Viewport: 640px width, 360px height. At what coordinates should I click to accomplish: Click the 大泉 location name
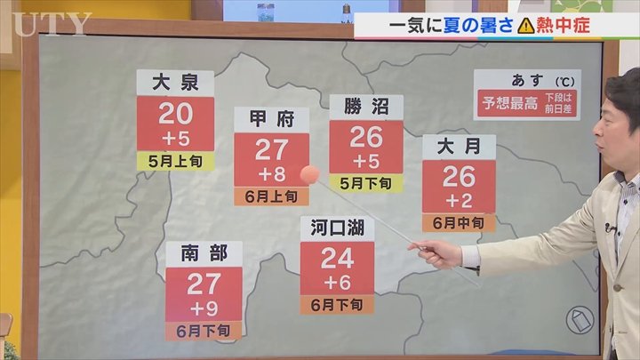click(x=175, y=84)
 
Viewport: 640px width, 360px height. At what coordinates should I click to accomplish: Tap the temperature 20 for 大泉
click(x=175, y=114)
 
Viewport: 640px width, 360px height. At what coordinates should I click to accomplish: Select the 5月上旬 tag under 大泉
click(x=175, y=161)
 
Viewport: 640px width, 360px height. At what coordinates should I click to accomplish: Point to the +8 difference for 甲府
click(x=271, y=171)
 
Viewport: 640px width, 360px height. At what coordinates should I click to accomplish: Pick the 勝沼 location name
click(x=366, y=108)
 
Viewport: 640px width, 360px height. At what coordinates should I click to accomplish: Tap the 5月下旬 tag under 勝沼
click(x=366, y=183)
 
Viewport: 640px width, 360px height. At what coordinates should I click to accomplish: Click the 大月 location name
click(x=459, y=147)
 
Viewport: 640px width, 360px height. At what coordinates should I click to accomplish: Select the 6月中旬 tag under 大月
click(x=459, y=222)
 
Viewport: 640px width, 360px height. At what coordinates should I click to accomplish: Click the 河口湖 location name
click(x=337, y=228)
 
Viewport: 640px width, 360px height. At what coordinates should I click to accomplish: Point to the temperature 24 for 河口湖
click(x=337, y=258)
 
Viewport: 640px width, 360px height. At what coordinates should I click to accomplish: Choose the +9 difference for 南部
click(x=203, y=308)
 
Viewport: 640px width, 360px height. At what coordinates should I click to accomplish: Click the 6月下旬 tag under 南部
click(x=203, y=331)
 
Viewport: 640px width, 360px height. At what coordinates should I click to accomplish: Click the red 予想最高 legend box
click(x=510, y=103)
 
